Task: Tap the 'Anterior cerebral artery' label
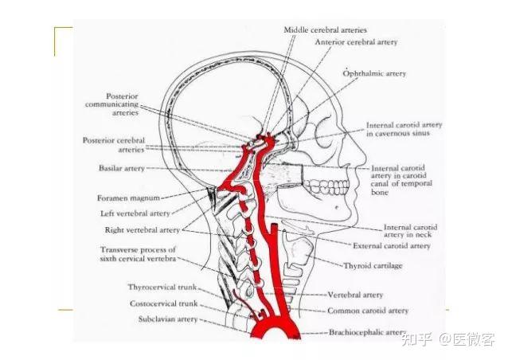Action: click(356, 41)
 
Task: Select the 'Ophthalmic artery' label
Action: click(374, 73)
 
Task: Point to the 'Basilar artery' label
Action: click(122, 169)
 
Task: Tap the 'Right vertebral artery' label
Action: click(143, 229)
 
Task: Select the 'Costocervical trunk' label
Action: click(164, 303)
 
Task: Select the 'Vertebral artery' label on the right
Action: click(355, 295)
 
